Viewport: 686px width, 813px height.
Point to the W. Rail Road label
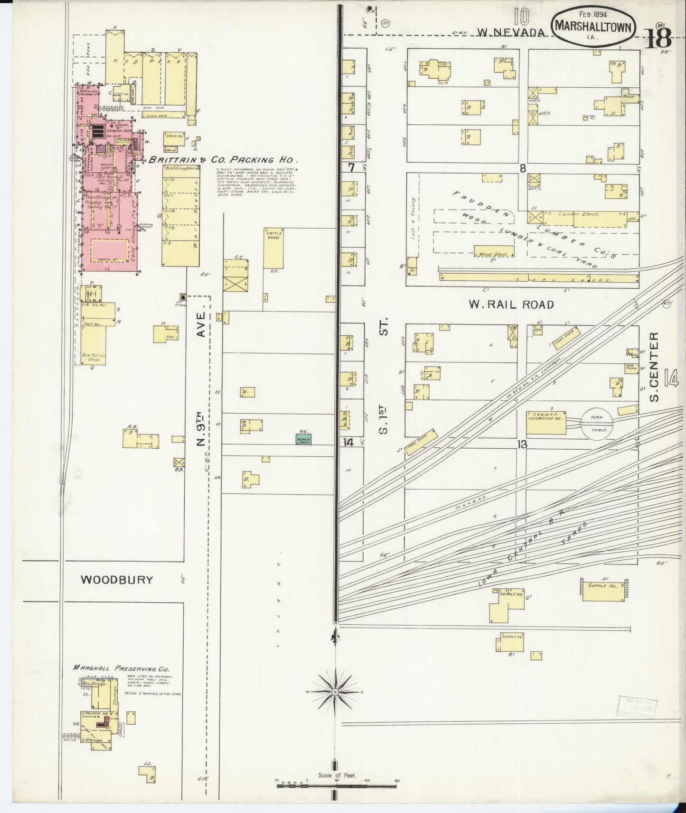(511, 304)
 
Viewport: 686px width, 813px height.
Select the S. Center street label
(655, 366)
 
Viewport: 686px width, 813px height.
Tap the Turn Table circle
(596, 421)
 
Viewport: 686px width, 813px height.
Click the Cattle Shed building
(273, 248)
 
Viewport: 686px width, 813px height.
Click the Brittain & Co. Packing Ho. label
(223, 160)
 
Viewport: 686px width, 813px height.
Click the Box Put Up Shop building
(93, 345)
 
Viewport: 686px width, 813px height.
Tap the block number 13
(523, 444)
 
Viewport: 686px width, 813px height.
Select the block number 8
(523, 168)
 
